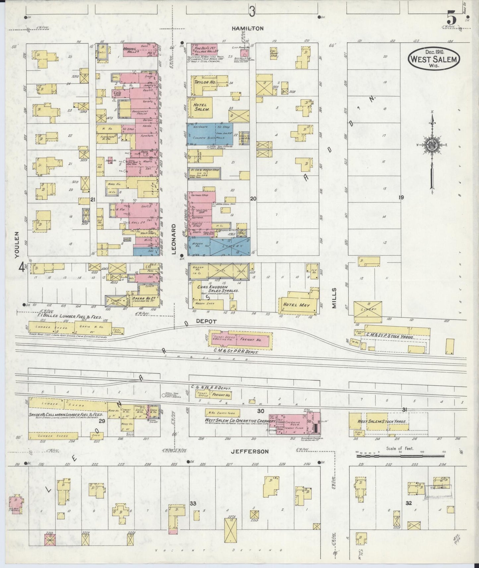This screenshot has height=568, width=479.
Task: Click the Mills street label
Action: [x=334, y=298]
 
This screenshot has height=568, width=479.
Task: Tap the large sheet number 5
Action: [x=451, y=17]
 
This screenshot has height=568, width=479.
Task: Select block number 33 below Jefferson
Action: [x=193, y=503]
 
